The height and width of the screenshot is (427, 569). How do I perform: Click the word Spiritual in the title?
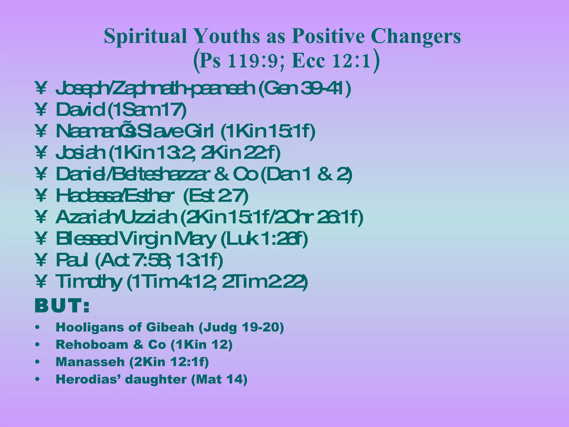pyautogui.click(x=145, y=36)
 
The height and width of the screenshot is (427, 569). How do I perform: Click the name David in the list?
pyautogui.click(x=81, y=110)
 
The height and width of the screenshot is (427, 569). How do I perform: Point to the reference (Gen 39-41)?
pyautogui.click(x=305, y=88)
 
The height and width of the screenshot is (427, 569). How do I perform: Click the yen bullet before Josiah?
pyautogui.click(x=41, y=153)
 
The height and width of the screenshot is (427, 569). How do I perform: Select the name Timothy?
pyautogui.click(x=89, y=282)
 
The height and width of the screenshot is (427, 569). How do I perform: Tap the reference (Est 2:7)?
pyautogui.click(x=216, y=196)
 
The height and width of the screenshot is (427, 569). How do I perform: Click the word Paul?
pyautogui.click(x=72, y=260)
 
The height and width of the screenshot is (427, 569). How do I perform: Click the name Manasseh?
pyautogui.click(x=90, y=362)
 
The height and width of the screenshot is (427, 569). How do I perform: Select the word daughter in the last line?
pyautogui.click(x=156, y=379)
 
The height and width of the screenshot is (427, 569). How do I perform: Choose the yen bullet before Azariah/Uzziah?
pyautogui.click(x=41, y=217)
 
